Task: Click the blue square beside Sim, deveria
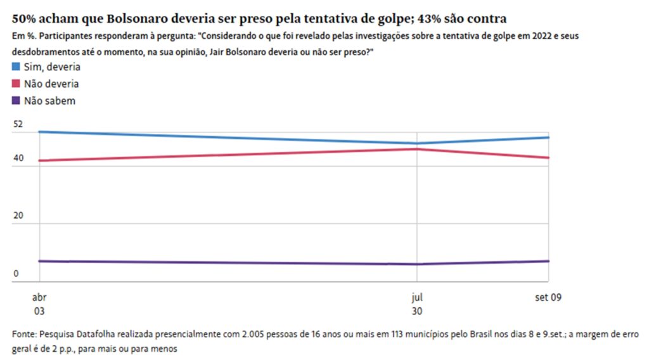coord(16,67)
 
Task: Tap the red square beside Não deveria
coord(16,84)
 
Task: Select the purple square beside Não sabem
coord(16,100)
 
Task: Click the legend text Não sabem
coord(50,100)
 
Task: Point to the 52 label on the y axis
coord(18,124)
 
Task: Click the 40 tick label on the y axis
coord(18,158)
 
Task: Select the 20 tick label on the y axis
coord(18,215)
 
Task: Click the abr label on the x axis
coord(39,297)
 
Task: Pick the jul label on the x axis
coord(416,297)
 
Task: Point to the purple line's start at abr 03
coord(39,260)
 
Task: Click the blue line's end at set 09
coord(548,138)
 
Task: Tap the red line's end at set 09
coord(548,158)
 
